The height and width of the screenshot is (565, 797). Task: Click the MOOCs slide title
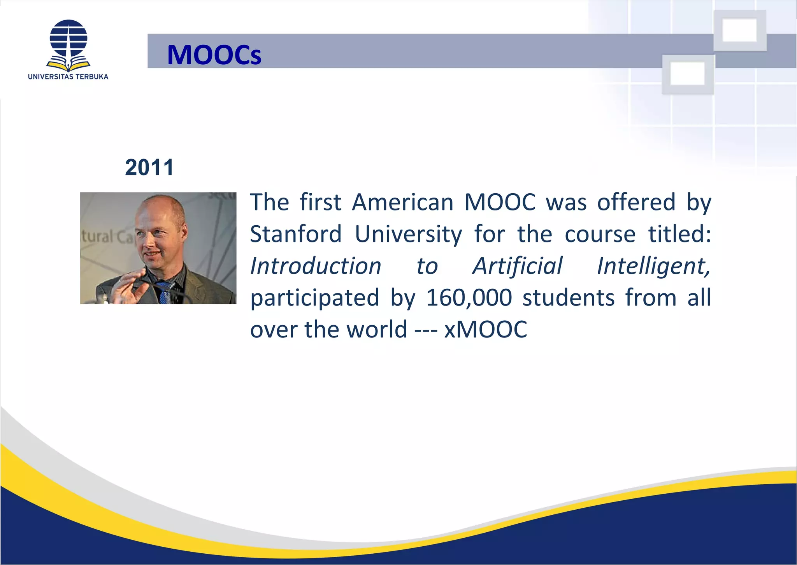214,55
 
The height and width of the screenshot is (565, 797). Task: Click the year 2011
149,168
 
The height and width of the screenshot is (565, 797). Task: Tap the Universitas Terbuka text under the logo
68,77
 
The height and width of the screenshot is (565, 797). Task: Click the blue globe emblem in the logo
68,39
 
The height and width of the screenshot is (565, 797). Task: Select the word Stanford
296,234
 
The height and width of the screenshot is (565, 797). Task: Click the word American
403,202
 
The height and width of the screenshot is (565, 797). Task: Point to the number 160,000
469,298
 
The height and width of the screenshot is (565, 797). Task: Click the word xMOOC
486,330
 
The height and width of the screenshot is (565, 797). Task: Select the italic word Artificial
517,266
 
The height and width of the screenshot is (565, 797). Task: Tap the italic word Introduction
316,266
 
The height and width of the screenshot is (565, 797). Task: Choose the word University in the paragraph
408,235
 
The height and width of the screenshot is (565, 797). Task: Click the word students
568,298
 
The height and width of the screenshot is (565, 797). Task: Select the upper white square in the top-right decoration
739,30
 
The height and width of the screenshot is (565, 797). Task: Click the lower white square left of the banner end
688,74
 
